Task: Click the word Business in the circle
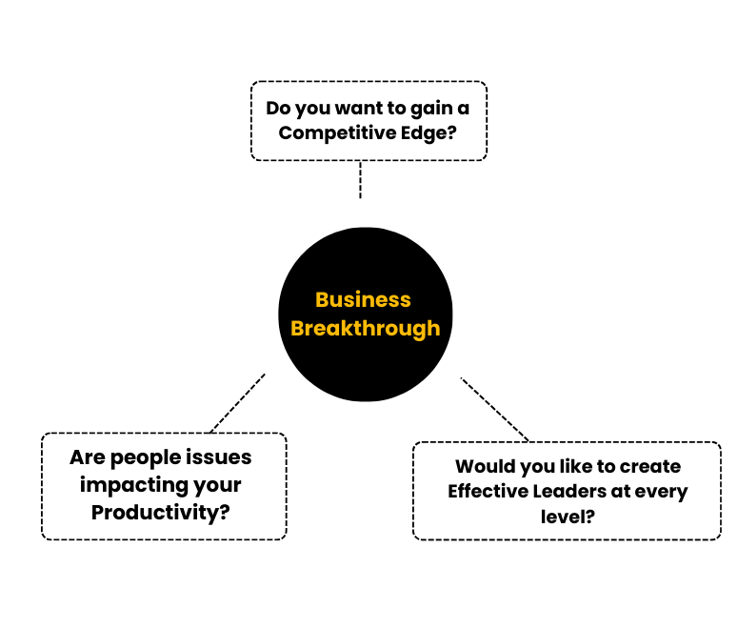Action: point(363,299)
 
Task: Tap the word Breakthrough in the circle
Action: point(366,328)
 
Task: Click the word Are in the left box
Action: point(87,457)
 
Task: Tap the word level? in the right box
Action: point(568,517)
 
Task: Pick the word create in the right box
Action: point(651,467)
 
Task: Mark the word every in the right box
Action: point(662,492)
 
